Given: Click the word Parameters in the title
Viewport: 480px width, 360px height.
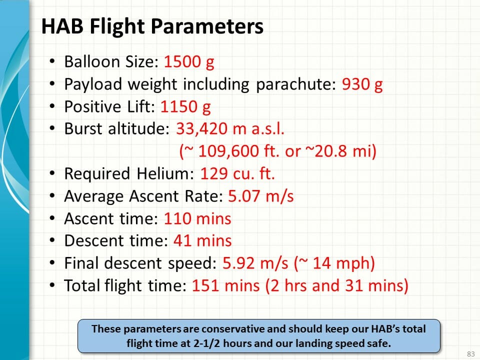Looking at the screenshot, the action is coord(207,26).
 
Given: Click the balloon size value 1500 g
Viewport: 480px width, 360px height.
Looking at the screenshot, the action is coord(189,62).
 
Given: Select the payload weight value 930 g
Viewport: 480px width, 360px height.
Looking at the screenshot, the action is coord(362,84).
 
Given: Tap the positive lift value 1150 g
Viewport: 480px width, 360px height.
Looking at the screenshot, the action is coord(185,107).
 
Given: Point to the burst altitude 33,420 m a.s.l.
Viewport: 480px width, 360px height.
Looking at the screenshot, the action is coord(230,128).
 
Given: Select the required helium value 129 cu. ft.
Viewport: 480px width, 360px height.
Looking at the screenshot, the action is coord(237,173).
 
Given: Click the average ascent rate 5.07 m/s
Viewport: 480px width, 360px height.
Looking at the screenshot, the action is coord(261,196).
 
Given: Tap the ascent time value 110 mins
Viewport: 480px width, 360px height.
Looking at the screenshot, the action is coord(197,218).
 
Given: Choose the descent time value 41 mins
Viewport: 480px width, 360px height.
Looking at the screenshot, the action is coord(202,240).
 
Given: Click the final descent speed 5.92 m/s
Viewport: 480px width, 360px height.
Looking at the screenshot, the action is coord(255,263).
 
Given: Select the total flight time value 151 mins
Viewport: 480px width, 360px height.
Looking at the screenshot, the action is coord(225,285).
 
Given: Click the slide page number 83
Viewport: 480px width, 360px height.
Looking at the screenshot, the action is coord(471,354).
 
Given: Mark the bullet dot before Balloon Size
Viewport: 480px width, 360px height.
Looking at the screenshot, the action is coord(52,61).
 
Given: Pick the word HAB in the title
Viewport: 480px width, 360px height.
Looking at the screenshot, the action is coord(62,26).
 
